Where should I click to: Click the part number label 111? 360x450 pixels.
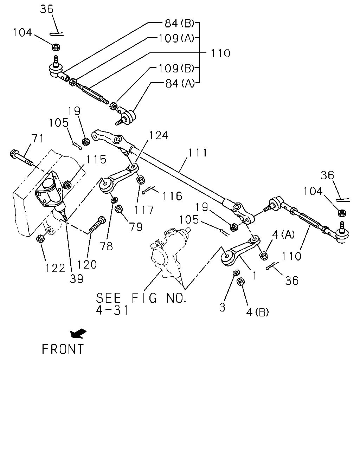click(198, 153)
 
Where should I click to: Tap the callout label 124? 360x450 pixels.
click(158, 135)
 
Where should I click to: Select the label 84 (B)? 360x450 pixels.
click(180, 23)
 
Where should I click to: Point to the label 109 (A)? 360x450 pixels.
click(176, 38)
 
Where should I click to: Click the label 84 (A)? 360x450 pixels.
click(180, 83)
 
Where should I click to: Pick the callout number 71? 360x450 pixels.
click(38, 138)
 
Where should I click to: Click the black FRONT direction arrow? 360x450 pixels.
click(78, 333)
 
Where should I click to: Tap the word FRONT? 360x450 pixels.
click(63, 349)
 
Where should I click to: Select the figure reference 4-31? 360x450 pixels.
click(112, 310)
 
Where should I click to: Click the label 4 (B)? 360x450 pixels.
click(257, 312)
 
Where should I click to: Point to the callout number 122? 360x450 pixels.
click(56, 268)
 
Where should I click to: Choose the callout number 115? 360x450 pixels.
click(96, 159)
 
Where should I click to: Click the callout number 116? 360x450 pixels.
click(172, 196)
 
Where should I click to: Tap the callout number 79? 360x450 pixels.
click(136, 227)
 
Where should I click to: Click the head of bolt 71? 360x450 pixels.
click(14, 154)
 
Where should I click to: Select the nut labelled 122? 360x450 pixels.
click(40, 239)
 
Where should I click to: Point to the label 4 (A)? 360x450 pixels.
click(283, 234)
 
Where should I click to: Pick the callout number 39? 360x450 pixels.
click(76, 278)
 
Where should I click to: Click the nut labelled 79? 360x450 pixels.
click(119, 209)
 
